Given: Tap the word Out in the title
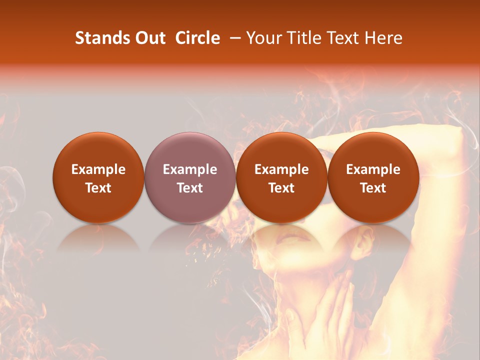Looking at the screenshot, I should pos(148,38).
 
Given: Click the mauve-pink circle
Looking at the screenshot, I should pos(190,177).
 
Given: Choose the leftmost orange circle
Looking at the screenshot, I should pos(98,177).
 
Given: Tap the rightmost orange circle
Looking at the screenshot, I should pos(373,177).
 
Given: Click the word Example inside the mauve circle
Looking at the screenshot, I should pos(190,169).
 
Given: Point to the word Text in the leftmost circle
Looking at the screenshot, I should pos(98,188).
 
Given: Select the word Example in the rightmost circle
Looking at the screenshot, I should pos(373,169).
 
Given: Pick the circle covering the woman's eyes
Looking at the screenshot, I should pos(281,177).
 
